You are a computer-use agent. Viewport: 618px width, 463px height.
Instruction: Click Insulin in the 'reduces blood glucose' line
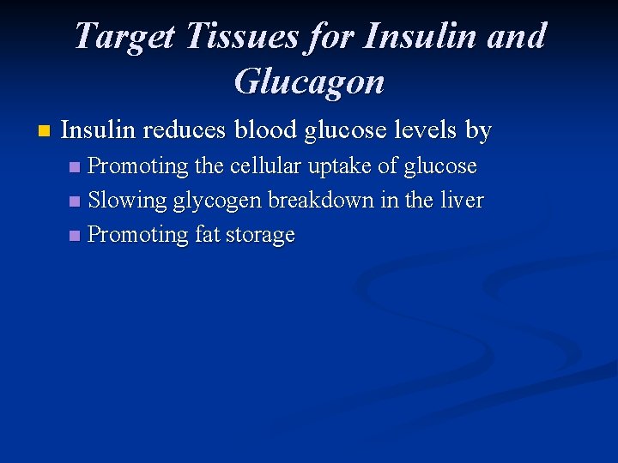click(99, 130)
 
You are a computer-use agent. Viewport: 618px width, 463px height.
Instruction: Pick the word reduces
click(182, 130)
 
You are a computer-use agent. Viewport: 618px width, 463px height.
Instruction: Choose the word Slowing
click(127, 201)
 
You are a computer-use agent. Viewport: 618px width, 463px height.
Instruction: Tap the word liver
click(462, 200)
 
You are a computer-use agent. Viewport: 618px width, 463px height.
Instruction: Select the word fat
click(208, 234)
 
